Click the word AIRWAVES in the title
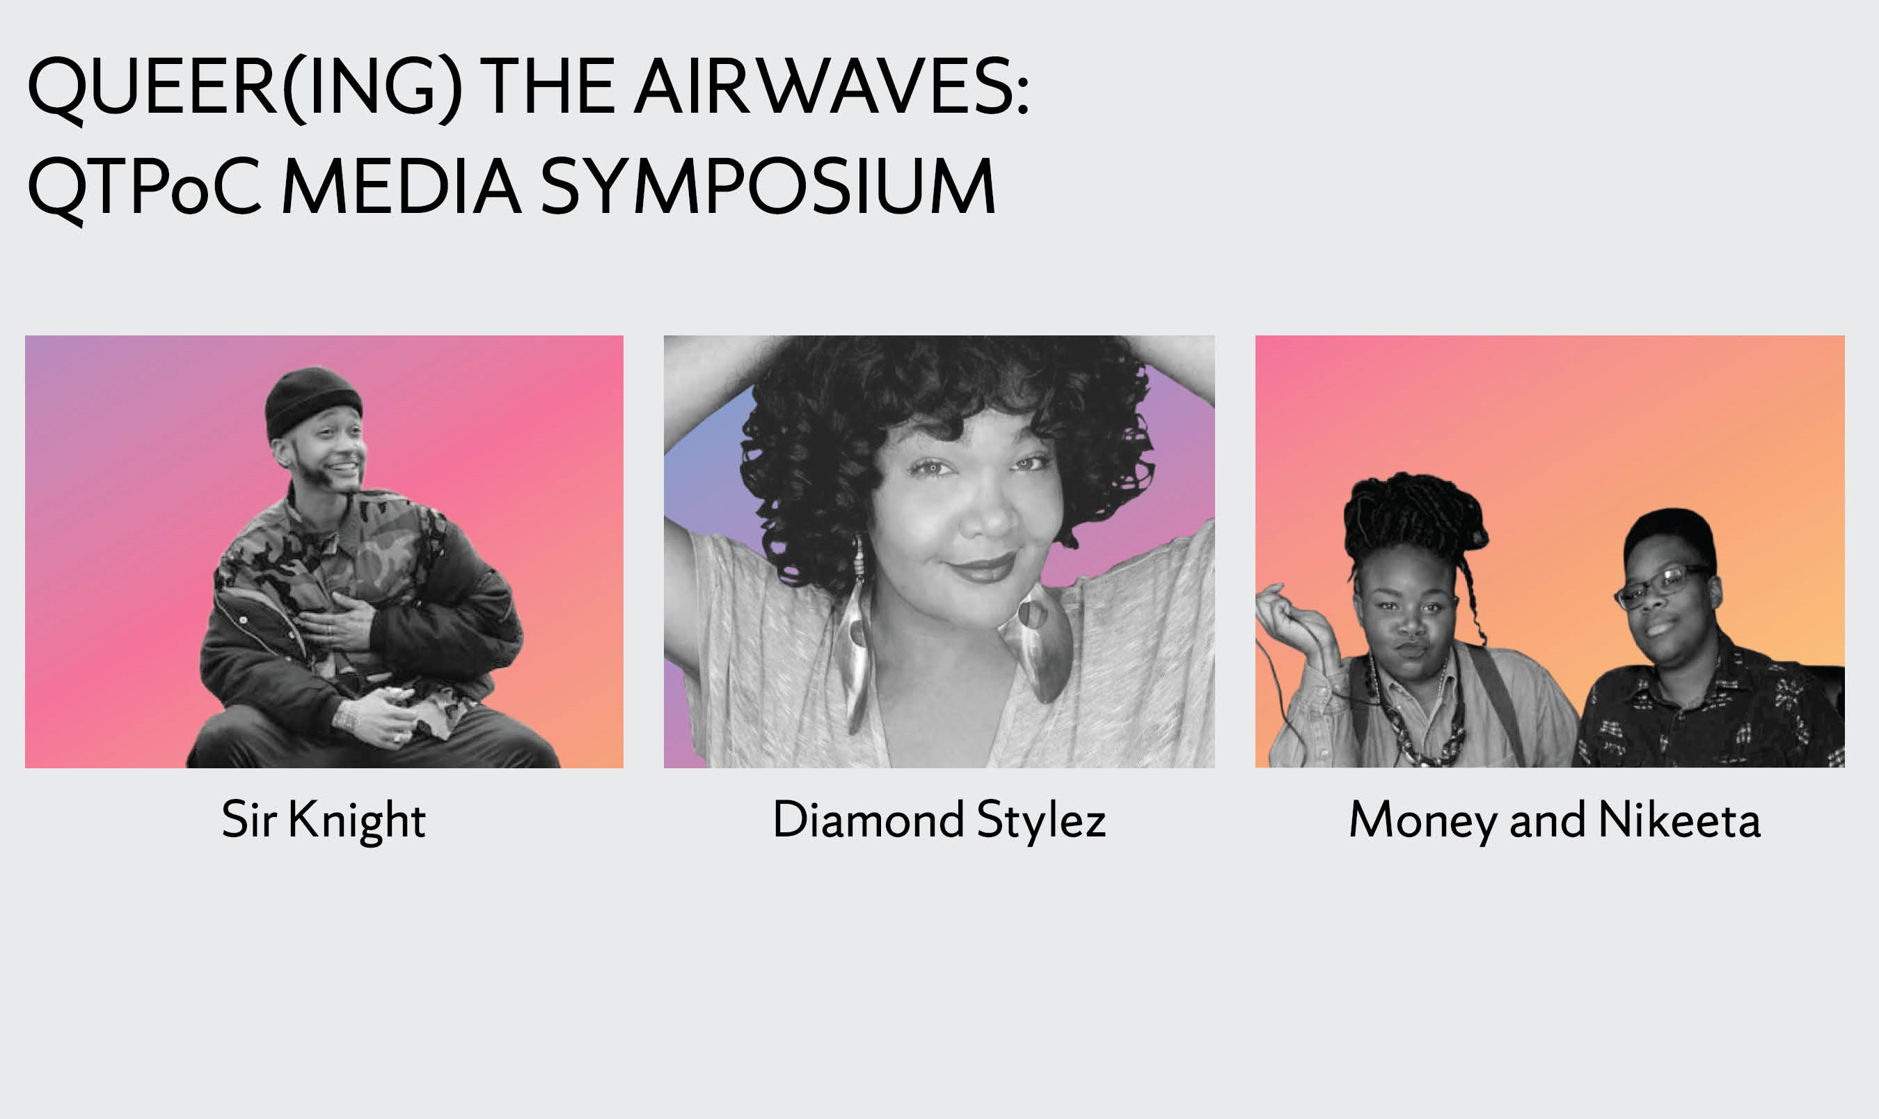point(831,87)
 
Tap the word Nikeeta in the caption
point(1679,819)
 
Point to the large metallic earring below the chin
point(1037,641)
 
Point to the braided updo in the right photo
point(1415,517)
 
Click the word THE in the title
point(548,87)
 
